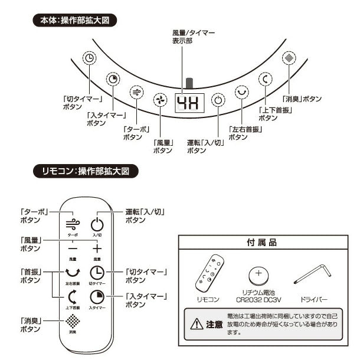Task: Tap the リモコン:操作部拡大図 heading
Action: [x=86, y=172]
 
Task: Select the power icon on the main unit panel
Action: [x=218, y=100]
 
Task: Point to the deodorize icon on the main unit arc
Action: [x=288, y=58]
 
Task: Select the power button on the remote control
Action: [x=97, y=224]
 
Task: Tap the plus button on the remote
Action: [x=97, y=248]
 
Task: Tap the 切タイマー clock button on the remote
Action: [x=97, y=273]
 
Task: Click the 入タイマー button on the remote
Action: [x=97, y=297]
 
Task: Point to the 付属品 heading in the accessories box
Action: [x=261, y=243]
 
